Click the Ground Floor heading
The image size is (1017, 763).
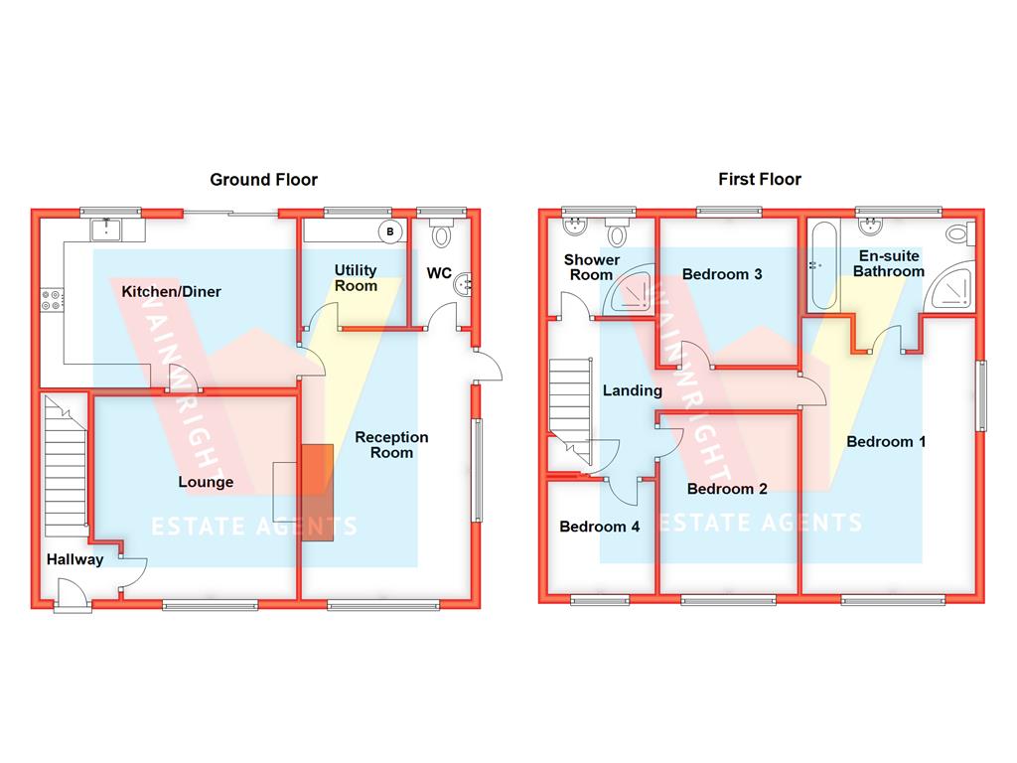click(263, 180)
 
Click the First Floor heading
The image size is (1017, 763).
click(760, 180)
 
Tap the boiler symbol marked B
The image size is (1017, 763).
click(390, 232)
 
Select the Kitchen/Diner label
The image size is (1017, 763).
click(171, 292)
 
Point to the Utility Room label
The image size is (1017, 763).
click(356, 278)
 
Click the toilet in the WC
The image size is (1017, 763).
click(442, 234)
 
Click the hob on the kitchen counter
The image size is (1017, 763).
click(52, 298)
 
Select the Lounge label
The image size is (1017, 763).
click(206, 482)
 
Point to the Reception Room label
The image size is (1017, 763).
click(391, 444)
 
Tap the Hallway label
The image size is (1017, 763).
click(74, 559)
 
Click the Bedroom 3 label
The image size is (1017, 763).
click(722, 274)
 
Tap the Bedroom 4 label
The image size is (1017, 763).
click(599, 527)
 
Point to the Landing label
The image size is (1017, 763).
click(632, 390)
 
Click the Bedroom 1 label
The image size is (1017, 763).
click(885, 441)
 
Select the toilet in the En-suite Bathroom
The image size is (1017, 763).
click(958, 234)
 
